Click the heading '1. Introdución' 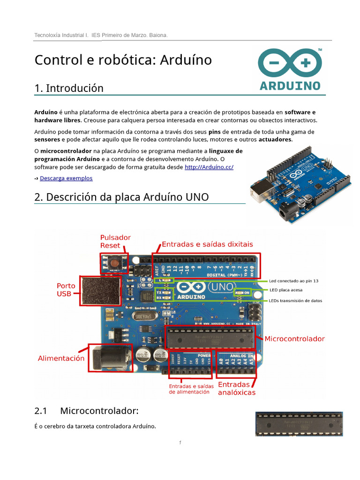[69, 88]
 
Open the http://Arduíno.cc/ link [209, 167]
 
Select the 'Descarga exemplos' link [66, 178]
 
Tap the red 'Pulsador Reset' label [115, 241]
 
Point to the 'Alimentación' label [61, 358]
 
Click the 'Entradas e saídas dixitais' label [207, 244]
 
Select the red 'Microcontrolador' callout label [294, 338]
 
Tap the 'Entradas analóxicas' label [237, 388]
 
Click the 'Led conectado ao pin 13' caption [293, 281]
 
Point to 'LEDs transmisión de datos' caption [295, 300]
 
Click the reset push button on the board [113, 262]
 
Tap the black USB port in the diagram [100, 290]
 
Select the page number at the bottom [180, 442]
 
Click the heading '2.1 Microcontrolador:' [87, 411]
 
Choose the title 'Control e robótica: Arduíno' [123, 60]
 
